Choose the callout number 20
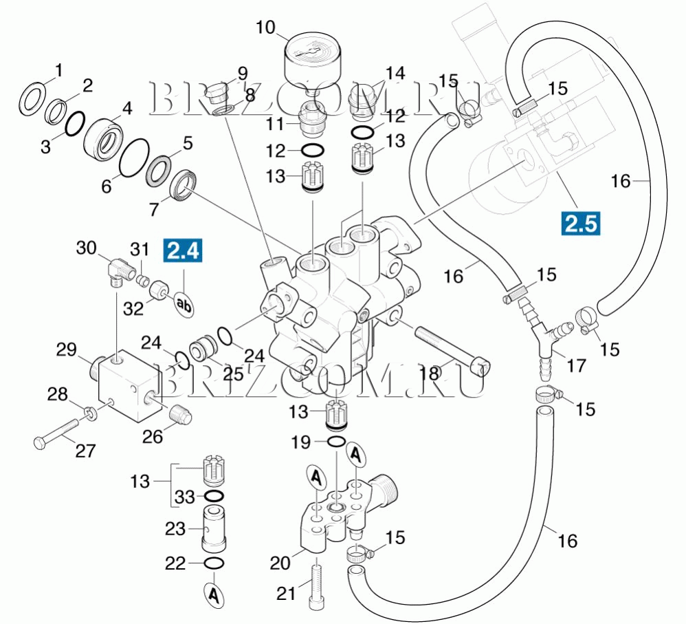279,563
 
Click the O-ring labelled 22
214,563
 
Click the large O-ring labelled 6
135,160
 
